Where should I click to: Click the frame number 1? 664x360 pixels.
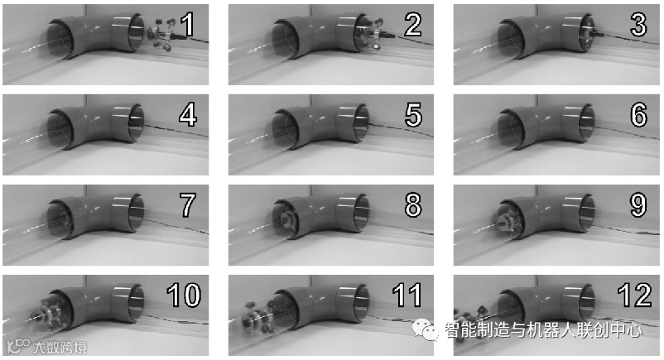click(187, 25)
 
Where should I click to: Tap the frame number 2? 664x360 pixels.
click(413, 25)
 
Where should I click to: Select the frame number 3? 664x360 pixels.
click(638, 25)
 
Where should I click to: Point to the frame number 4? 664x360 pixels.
click(188, 114)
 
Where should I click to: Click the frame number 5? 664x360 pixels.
click(413, 114)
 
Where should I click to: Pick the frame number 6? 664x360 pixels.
click(638, 114)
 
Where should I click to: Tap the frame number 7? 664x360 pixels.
click(187, 205)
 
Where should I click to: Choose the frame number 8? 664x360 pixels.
click(413, 205)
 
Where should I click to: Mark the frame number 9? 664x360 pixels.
click(638, 205)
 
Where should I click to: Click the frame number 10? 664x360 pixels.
click(183, 295)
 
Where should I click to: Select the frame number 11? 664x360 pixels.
click(407, 295)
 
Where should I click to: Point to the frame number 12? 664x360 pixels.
click(634, 295)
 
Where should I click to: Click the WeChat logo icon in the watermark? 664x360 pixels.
click(426, 329)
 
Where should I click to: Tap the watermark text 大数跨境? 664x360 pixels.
click(60, 348)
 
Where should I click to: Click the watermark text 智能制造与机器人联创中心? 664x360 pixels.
click(543, 329)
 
